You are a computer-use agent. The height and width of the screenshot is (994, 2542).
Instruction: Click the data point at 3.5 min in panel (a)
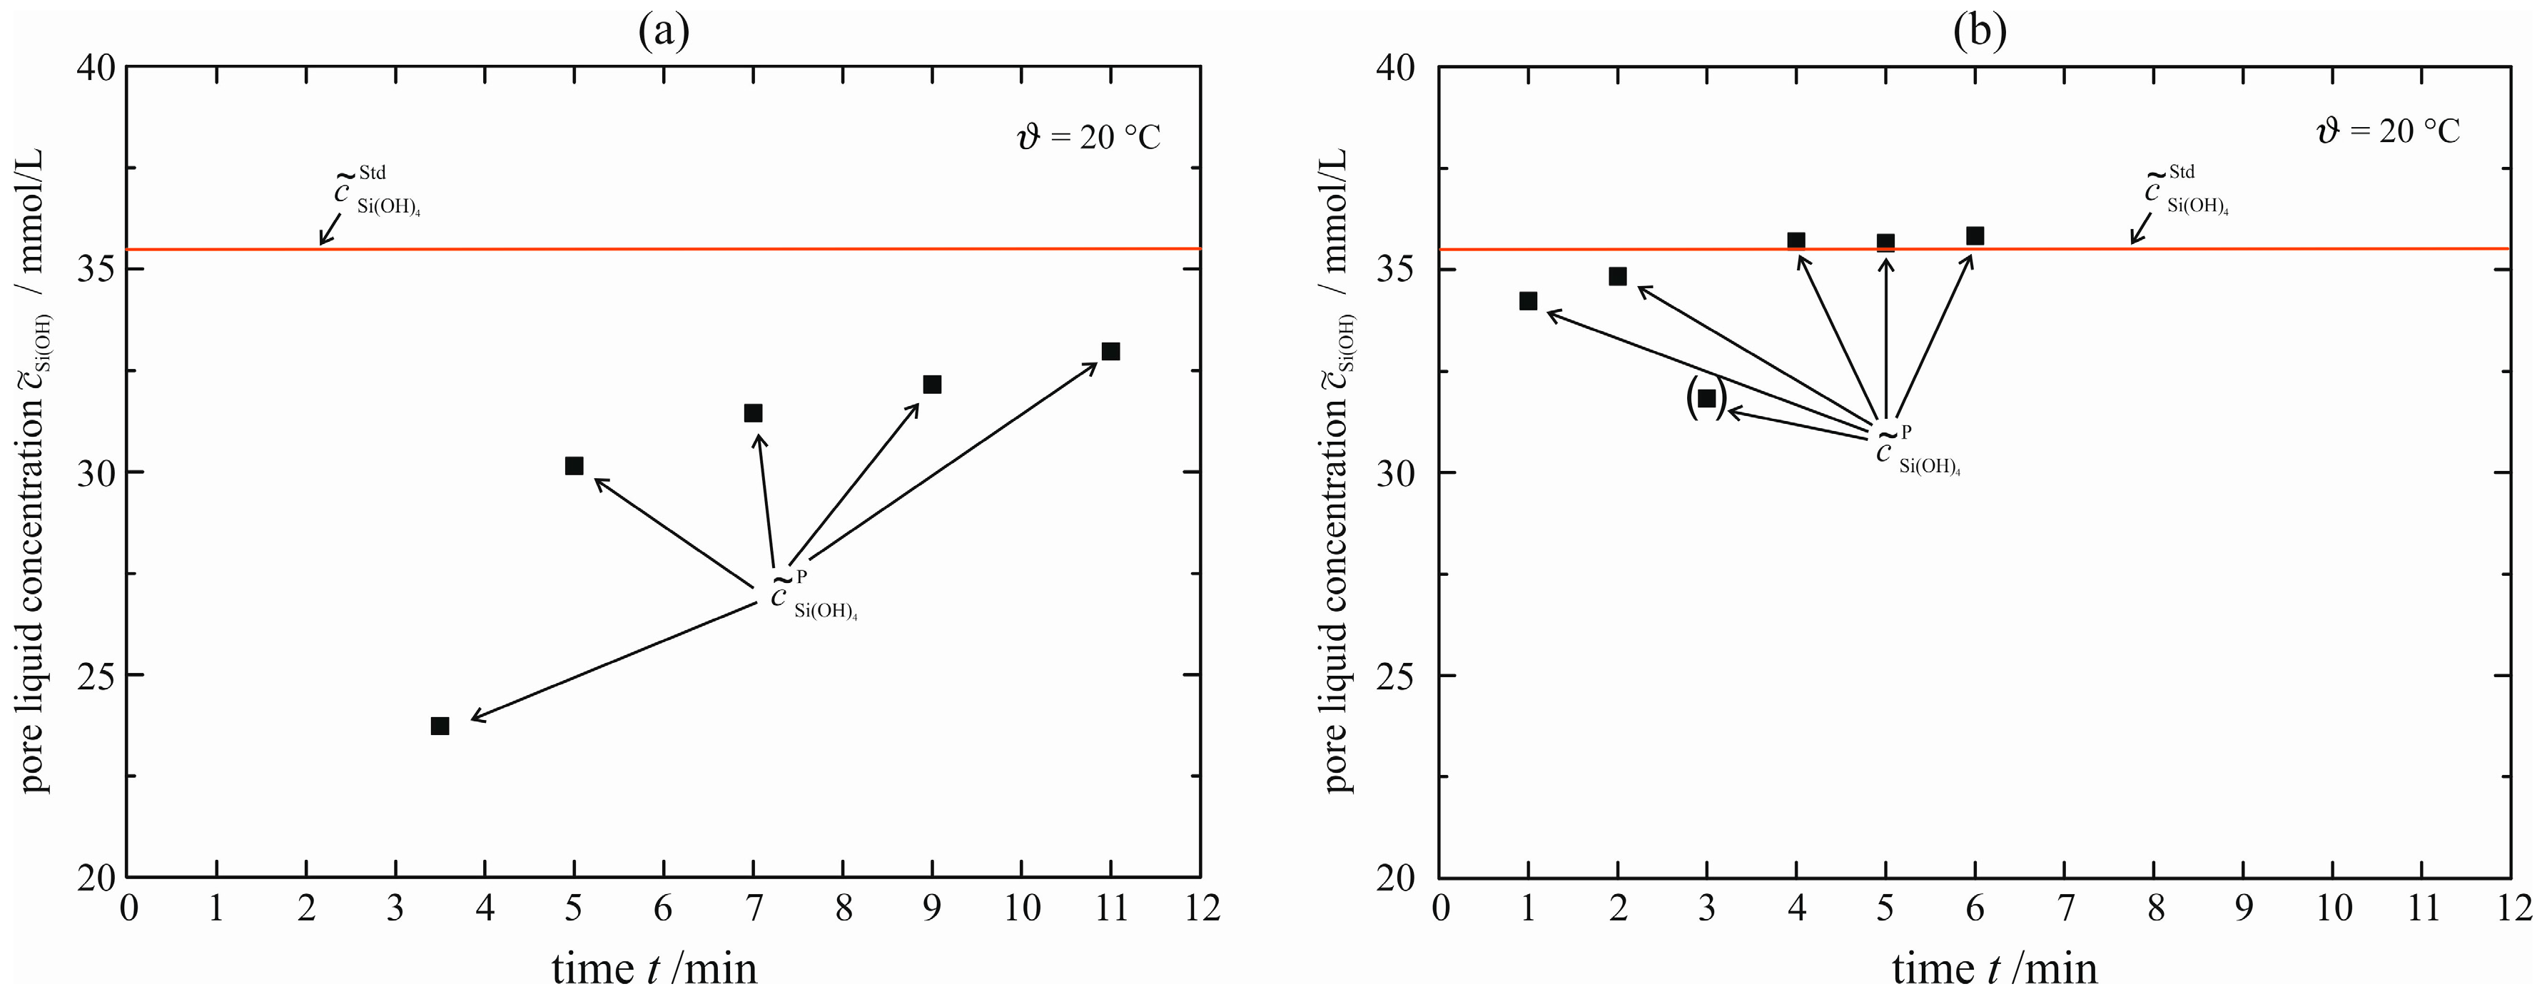tap(440, 726)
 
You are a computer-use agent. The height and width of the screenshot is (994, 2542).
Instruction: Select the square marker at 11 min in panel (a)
tap(1110, 351)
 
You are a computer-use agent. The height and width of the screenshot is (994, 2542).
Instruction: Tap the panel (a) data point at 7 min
tap(753, 412)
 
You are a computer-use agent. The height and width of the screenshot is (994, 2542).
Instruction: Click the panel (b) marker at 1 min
tap(1528, 301)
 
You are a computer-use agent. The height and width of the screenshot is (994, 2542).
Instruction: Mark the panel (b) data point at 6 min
tap(1975, 236)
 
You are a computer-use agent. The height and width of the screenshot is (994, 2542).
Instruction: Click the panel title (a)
tap(663, 31)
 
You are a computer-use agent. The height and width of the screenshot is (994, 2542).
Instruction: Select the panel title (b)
tap(1980, 31)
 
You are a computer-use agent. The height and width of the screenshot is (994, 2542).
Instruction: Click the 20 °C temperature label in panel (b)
tap(2389, 131)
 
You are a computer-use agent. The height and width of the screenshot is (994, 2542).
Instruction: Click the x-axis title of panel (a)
tap(655, 968)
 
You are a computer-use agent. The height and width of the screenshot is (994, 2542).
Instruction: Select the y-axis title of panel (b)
tap(1338, 472)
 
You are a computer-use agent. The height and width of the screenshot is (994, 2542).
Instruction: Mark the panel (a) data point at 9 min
tap(931, 384)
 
